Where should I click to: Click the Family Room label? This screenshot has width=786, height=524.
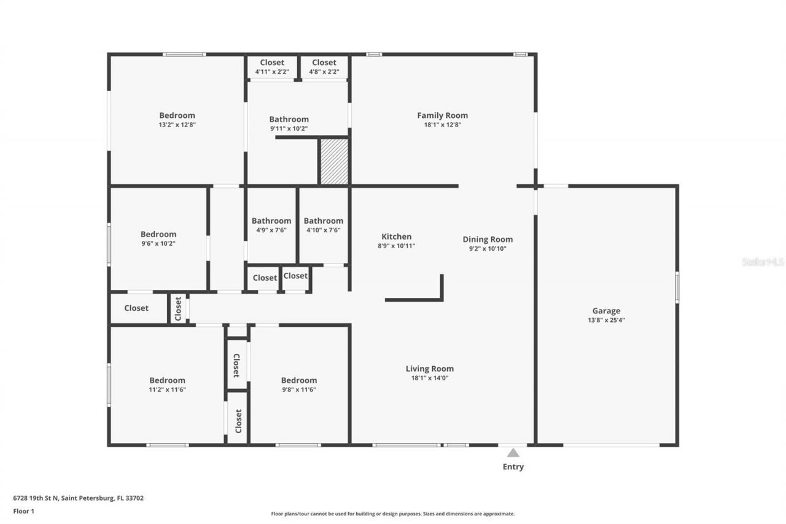(442, 115)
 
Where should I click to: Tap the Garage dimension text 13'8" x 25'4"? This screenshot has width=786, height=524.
(606, 320)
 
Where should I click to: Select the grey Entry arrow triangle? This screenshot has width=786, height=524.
(513, 453)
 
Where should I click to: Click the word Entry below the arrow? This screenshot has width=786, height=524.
(513, 467)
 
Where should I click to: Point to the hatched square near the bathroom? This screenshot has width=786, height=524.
(334, 161)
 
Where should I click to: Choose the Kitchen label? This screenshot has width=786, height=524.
(397, 237)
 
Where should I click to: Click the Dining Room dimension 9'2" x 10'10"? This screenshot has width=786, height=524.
(488, 249)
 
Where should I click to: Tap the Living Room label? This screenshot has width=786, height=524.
(430, 369)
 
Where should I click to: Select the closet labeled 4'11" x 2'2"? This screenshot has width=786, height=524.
(272, 67)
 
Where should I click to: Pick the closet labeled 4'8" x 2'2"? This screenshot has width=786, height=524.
(324, 67)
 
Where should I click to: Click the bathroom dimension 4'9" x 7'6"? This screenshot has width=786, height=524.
(271, 230)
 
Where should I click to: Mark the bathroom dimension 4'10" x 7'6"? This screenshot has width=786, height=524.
(323, 230)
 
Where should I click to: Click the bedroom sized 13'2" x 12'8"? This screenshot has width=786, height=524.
(177, 120)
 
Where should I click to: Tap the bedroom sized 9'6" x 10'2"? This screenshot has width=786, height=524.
(158, 238)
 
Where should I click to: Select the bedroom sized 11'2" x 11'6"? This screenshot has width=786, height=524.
(167, 385)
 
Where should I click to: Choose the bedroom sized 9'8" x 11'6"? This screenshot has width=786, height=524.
(299, 385)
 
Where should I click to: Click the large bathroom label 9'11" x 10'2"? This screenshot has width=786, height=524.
(289, 123)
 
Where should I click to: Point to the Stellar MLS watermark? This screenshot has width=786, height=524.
(763, 262)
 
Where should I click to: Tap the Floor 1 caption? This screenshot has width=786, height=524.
(23, 510)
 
